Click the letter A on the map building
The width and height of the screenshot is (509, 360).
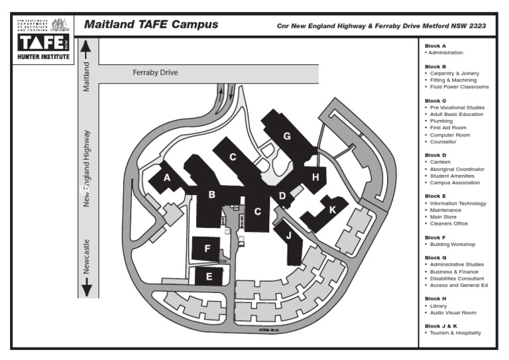[167, 178]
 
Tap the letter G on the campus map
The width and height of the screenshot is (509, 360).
[287, 136]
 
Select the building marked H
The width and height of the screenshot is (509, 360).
[315, 177]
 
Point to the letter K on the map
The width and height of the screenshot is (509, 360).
[333, 210]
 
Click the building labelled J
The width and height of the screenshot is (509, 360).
[288, 235]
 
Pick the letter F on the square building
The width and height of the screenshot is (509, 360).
[207, 249]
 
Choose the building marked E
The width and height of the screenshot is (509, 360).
[209, 276]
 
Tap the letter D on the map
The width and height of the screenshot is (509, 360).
[282, 196]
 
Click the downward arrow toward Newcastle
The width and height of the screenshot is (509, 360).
[86, 289]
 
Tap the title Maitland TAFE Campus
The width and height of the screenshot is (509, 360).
[150, 25]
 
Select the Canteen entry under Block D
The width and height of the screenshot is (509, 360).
[439, 162]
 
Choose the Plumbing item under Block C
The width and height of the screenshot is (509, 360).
[441, 121]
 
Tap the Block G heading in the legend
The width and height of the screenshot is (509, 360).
[435, 257]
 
